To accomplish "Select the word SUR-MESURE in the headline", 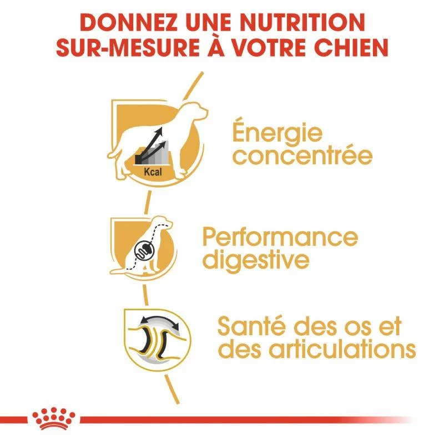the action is point(129,47).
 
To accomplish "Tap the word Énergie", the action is point(277,133).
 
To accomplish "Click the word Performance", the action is point(280,238).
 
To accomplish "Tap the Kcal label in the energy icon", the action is point(153,171).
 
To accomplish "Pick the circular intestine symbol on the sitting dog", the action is point(144,249).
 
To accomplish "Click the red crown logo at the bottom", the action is point(53,418).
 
